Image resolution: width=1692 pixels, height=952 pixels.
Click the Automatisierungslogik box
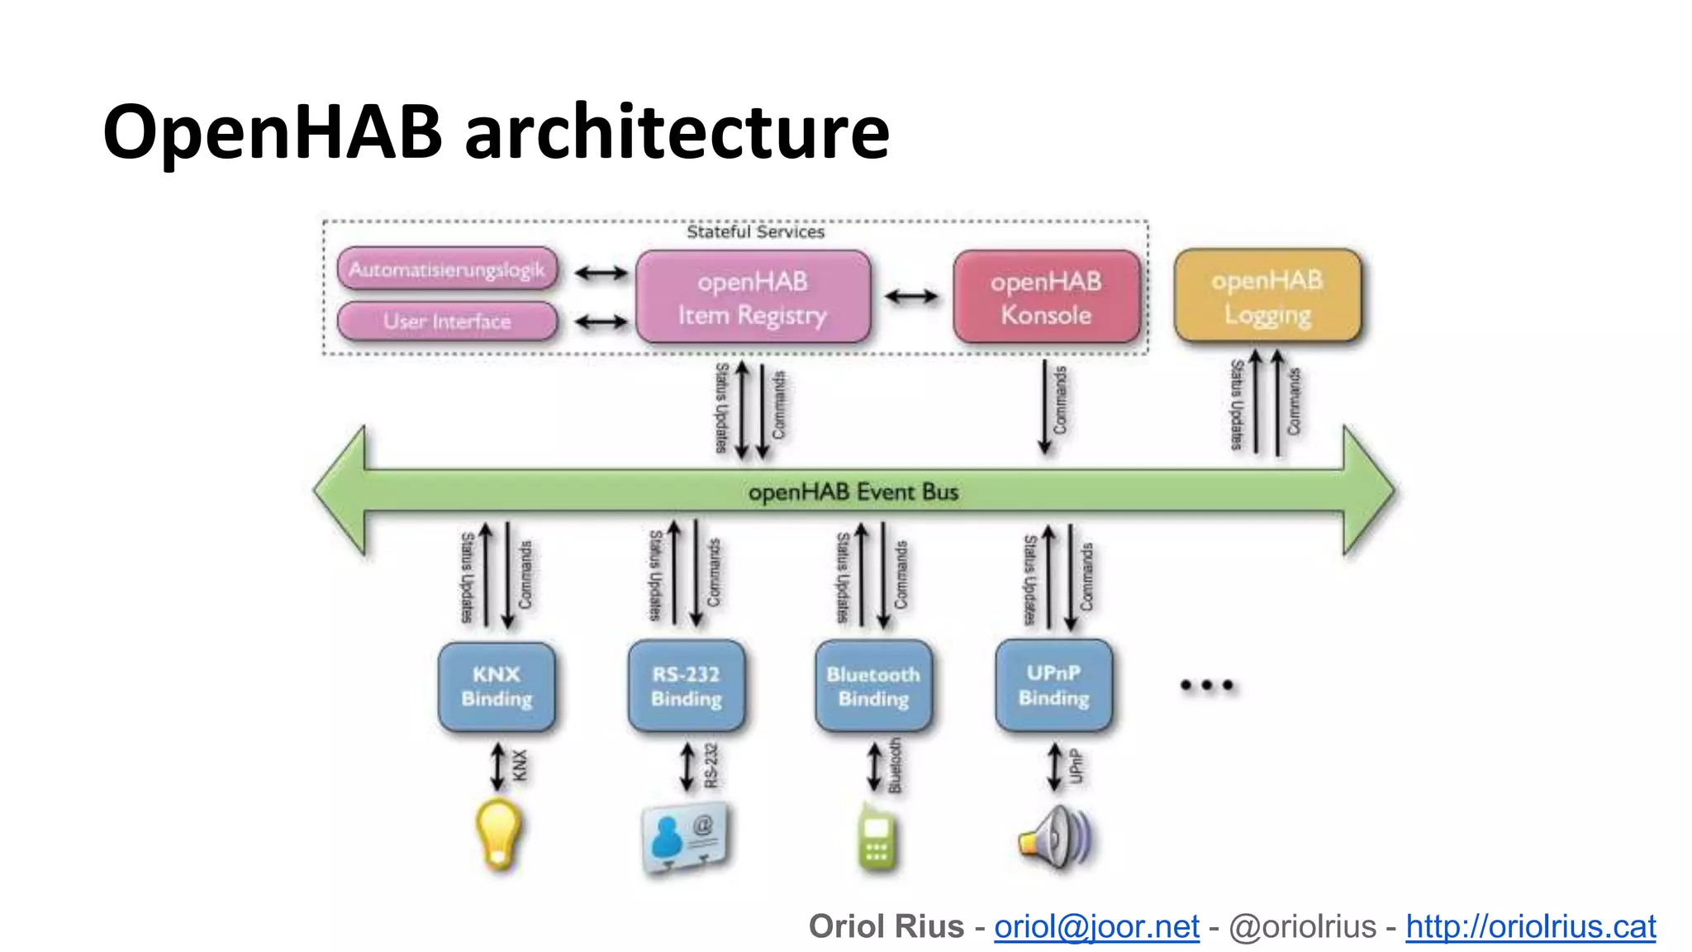(447, 269)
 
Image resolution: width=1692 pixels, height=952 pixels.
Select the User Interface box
(447, 321)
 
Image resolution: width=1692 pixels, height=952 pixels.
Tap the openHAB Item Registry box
(753, 297)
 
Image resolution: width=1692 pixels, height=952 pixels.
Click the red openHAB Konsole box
(1046, 297)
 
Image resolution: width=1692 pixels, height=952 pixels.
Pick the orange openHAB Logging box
(1267, 297)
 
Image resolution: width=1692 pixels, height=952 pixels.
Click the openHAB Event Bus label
(853, 493)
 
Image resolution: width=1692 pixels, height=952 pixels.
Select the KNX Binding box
(497, 687)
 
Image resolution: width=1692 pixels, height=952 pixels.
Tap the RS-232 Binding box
(686, 687)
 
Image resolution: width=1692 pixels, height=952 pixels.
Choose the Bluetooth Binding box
(873, 687)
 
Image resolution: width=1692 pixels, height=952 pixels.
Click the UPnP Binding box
(1053, 685)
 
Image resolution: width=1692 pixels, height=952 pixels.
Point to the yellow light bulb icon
(498, 835)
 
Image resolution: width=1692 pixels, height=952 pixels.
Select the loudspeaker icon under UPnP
(1056, 838)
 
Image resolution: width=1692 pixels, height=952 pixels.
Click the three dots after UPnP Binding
(1206, 685)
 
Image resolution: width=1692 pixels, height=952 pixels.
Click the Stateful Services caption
(755, 232)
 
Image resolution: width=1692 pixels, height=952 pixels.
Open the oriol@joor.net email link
(1096, 926)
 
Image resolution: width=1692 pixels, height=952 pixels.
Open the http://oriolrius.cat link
(1530, 926)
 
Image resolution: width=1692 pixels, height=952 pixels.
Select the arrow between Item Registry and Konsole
(911, 297)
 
